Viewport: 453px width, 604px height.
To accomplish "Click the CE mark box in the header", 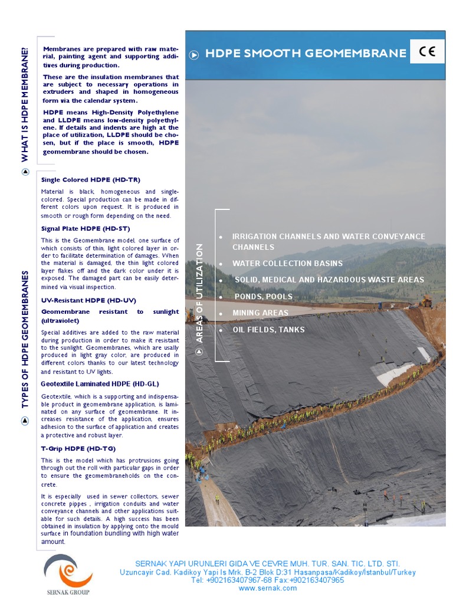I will click(427, 52).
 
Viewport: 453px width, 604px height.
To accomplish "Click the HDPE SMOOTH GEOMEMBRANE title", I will click(306, 54).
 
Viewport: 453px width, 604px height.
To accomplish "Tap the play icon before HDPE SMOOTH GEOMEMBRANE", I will click(194, 55).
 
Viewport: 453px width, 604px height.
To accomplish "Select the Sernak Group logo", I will click(67, 575).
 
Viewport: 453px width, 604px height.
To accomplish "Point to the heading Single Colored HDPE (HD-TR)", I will click(91, 179).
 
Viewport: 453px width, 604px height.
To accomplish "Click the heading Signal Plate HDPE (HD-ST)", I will click(86, 228).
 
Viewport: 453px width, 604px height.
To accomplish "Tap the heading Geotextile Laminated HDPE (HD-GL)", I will click(100, 383).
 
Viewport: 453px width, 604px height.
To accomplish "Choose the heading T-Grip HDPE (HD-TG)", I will click(77, 448).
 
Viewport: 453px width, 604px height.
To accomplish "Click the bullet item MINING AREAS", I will click(260, 313).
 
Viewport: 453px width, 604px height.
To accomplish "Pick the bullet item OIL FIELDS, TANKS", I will click(268, 329).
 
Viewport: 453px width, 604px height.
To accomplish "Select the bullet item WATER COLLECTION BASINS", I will click(287, 263).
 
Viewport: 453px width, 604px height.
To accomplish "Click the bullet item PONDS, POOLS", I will click(263, 296).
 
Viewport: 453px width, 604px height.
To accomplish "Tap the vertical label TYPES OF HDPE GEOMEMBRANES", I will click(25, 339).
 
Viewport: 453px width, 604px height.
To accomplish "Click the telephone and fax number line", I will click(267, 580).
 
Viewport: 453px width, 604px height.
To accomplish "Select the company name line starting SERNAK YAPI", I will click(267, 564).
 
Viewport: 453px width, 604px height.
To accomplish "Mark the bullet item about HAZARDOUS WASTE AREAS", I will click(329, 280).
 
